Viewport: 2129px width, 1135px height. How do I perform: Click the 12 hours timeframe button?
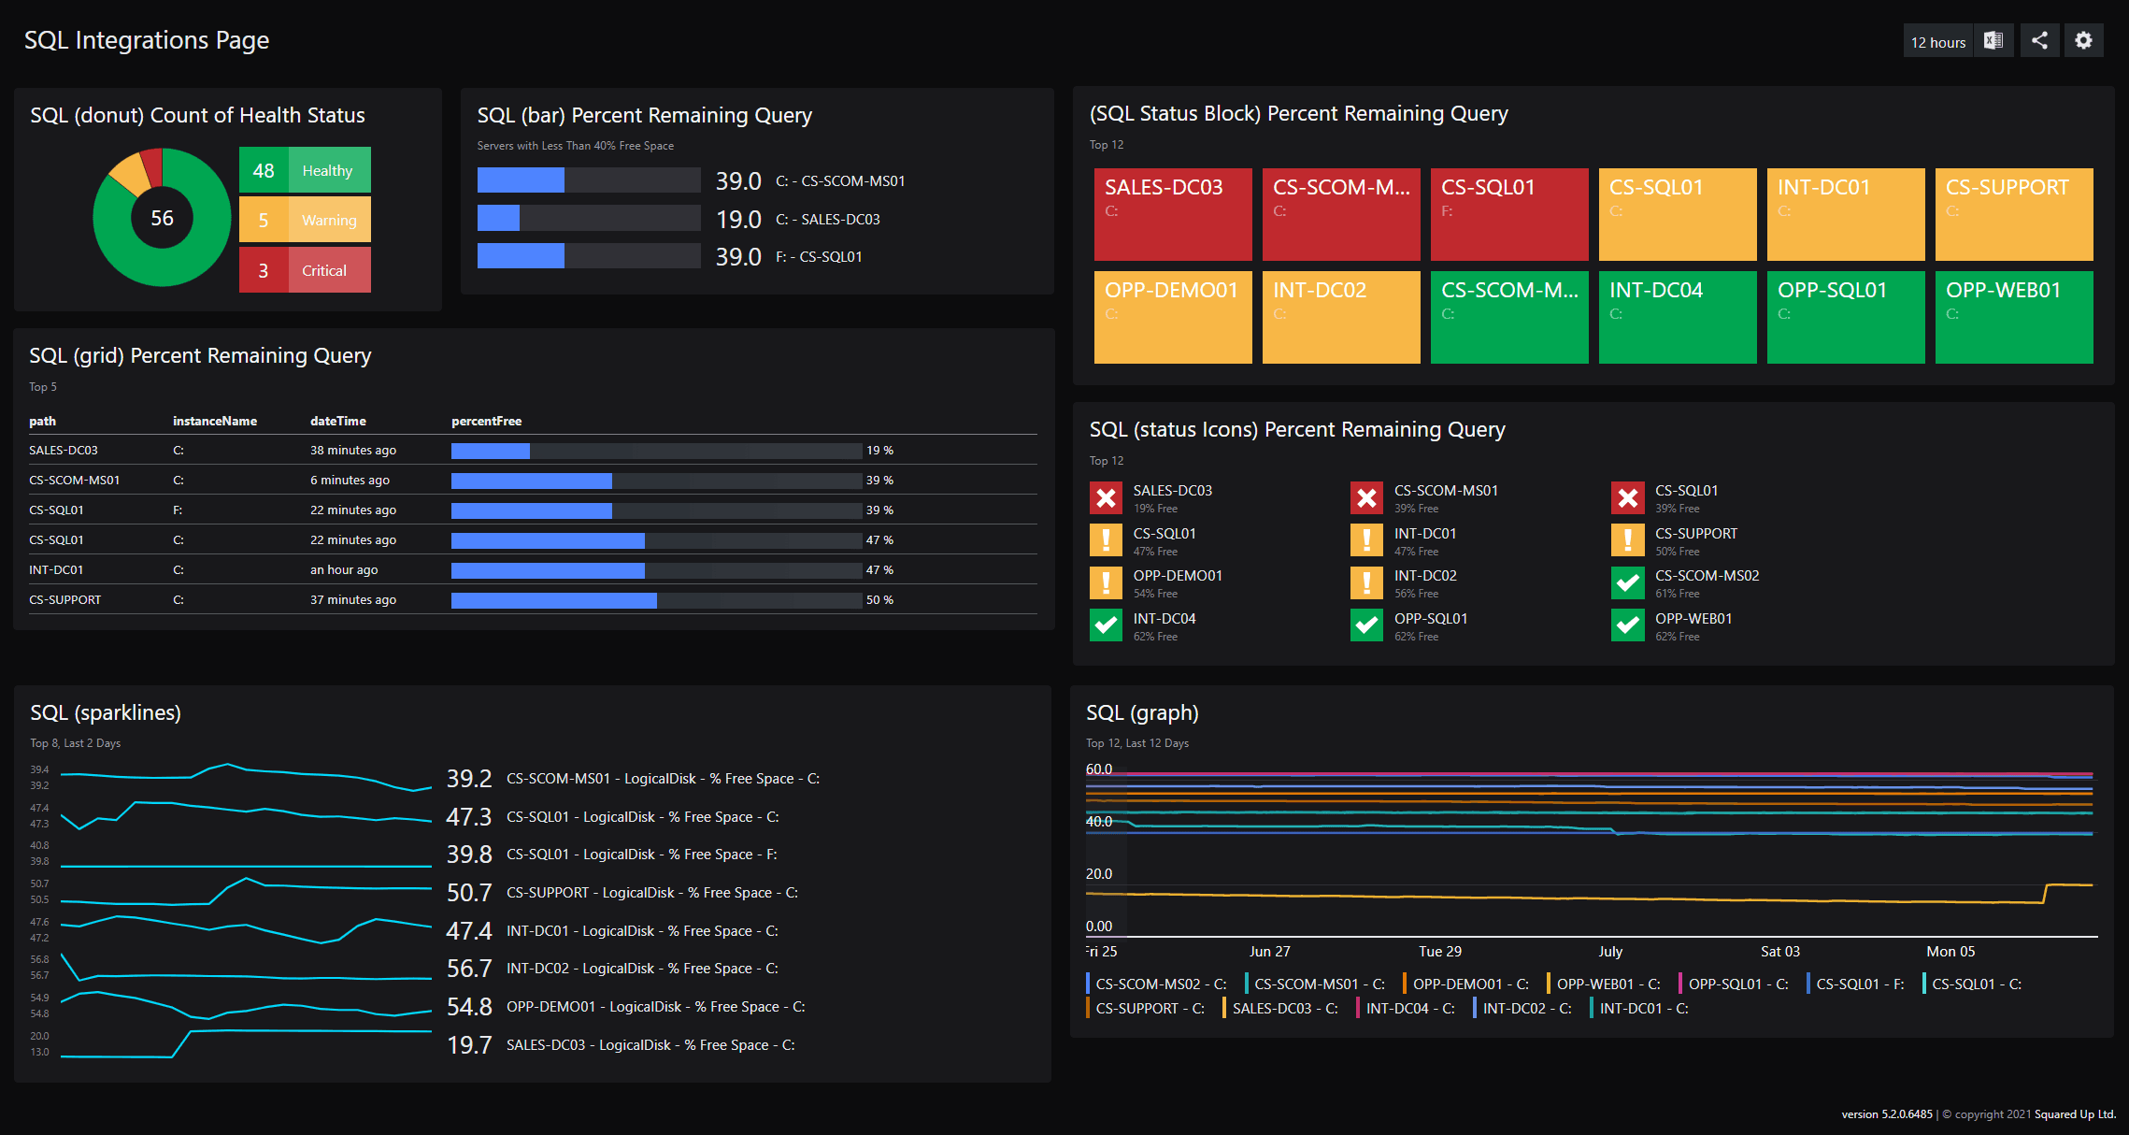pyautogui.click(x=1937, y=42)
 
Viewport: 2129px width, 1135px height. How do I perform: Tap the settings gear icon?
pyautogui.click(x=2083, y=40)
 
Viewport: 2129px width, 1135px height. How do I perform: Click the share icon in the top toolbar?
pyautogui.click(x=2039, y=40)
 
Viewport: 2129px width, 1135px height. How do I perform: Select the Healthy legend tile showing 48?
pyautogui.click(x=305, y=170)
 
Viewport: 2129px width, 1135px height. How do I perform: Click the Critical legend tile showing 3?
pyautogui.click(x=305, y=270)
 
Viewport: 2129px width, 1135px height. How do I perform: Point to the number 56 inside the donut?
pyautogui.click(x=162, y=218)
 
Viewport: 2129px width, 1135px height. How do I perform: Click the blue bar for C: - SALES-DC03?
pyautogui.click(x=498, y=219)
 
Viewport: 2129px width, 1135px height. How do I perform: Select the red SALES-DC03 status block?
pyautogui.click(x=1172, y=214)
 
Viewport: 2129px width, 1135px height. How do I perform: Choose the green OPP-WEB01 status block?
pyautogui.click(x=2013, y=317)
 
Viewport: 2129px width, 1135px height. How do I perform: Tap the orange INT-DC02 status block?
pyautogui.click(x=1340, y=317)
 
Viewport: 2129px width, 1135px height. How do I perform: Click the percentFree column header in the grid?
pyautogui.click(x=486, y=421)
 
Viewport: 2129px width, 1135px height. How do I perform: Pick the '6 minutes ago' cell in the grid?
pyautogui.click(x=350, y=480)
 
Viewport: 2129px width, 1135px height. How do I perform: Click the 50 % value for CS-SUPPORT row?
pyautogui.click(x=879, y=600)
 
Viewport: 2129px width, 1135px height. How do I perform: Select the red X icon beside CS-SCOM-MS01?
pyautogui.click(x=1366, y=498)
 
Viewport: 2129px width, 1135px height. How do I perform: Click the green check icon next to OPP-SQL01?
pyautogui.click(x=1366, y=625)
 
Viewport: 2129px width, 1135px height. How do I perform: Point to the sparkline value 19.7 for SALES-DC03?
pyautogui.click(x=469, y=1044)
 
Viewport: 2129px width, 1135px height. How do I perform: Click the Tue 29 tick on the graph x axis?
pyautogui.click(x=1439, y=951)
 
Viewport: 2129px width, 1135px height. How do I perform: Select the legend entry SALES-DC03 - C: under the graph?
pyautogui.click(x=1283, y=1008)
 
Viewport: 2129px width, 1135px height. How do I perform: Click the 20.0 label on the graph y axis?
pyautogui.click(x=1099, y=873)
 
